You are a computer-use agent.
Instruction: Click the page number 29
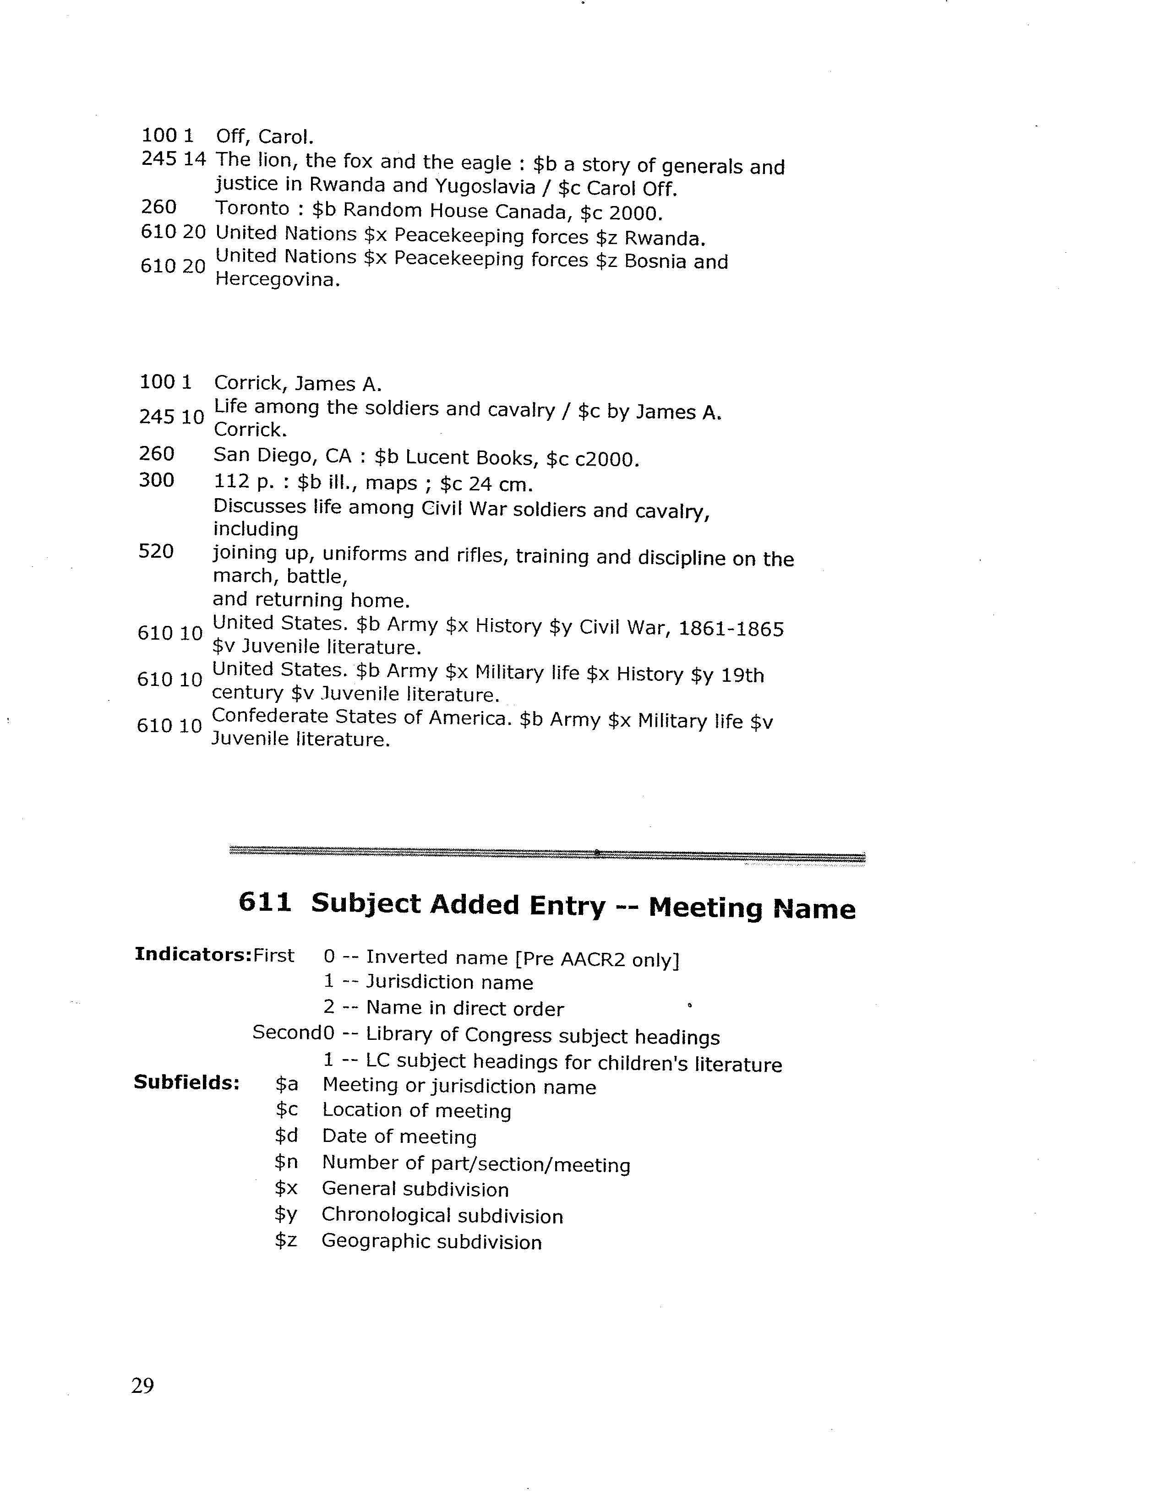click(142, 1386)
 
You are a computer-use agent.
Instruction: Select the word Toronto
click(252, 208)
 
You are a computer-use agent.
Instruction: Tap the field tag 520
click(156, 552)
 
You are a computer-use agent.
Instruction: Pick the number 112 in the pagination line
click(232, 482)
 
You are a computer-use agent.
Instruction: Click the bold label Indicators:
click(193, 954)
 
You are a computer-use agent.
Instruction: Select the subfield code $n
click(286, 1163)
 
